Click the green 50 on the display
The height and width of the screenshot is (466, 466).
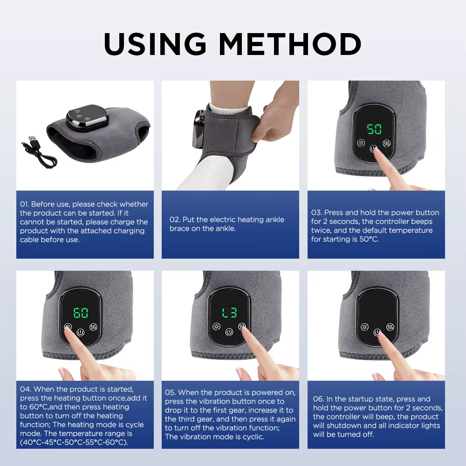tap(374, 129)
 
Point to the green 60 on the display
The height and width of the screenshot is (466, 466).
tap(81, 313)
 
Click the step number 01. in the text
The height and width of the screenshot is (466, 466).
tap(24, 204)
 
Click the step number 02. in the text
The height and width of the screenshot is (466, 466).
tap(174, 220)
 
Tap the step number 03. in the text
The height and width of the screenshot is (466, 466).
tap(316, 212)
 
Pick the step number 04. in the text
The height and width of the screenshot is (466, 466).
tap(25, 389)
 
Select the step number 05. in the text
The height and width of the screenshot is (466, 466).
tap(170, 392)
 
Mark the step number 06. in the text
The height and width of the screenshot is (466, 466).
tap(319, 399)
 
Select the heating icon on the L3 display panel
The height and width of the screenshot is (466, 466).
tap(216, 326)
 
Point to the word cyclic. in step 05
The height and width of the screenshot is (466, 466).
tap(251, 437)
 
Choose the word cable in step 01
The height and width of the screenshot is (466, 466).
tap(29, 240)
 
